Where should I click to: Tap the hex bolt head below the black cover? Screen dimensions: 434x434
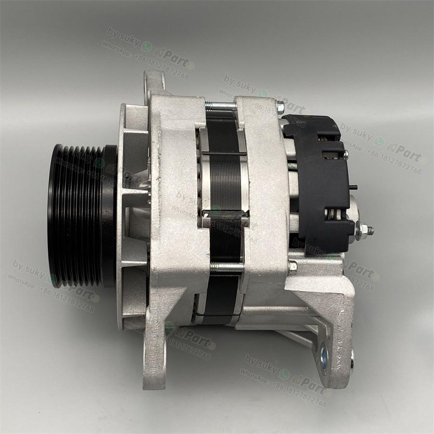292,267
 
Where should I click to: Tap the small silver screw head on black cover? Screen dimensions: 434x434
345,154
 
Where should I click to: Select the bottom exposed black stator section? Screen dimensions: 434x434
219,294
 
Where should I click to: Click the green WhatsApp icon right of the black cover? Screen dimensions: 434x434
379,141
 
